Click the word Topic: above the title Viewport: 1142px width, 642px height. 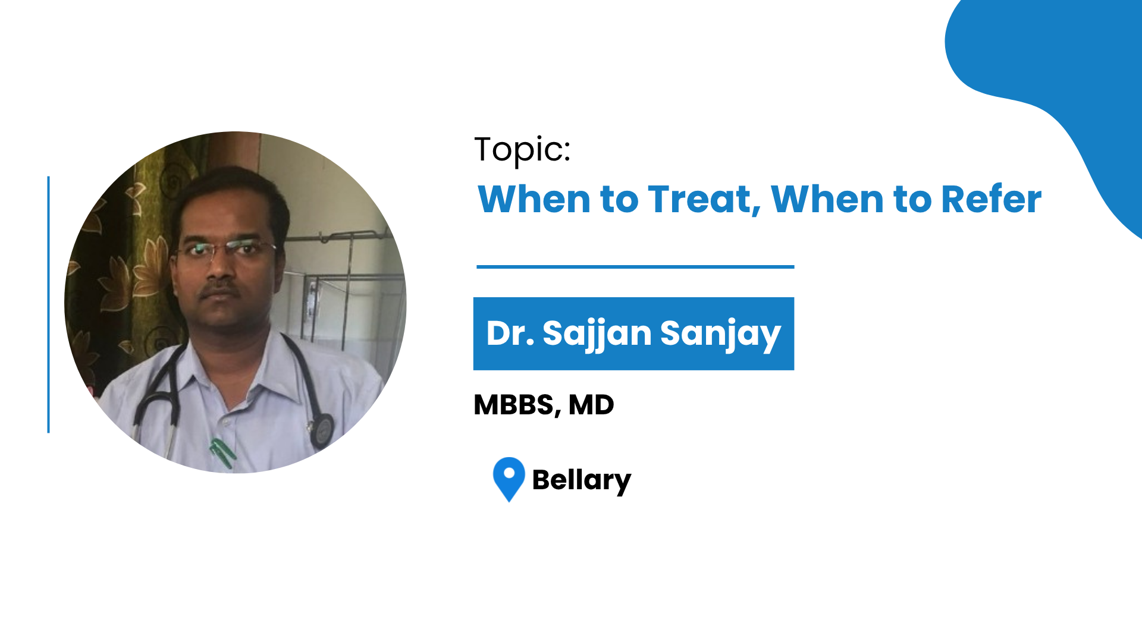(522, 150)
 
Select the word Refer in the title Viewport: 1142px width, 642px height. (992, 199)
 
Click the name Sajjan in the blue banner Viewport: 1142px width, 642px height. (597, 333)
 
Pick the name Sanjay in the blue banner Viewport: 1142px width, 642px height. (720, 333)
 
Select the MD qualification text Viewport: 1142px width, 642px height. (591, 405)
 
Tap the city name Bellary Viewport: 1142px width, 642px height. (581, 480)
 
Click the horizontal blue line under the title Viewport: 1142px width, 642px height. (635, 267)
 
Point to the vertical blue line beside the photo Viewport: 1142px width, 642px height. (48, 304)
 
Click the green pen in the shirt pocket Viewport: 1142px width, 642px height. (222, 453)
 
